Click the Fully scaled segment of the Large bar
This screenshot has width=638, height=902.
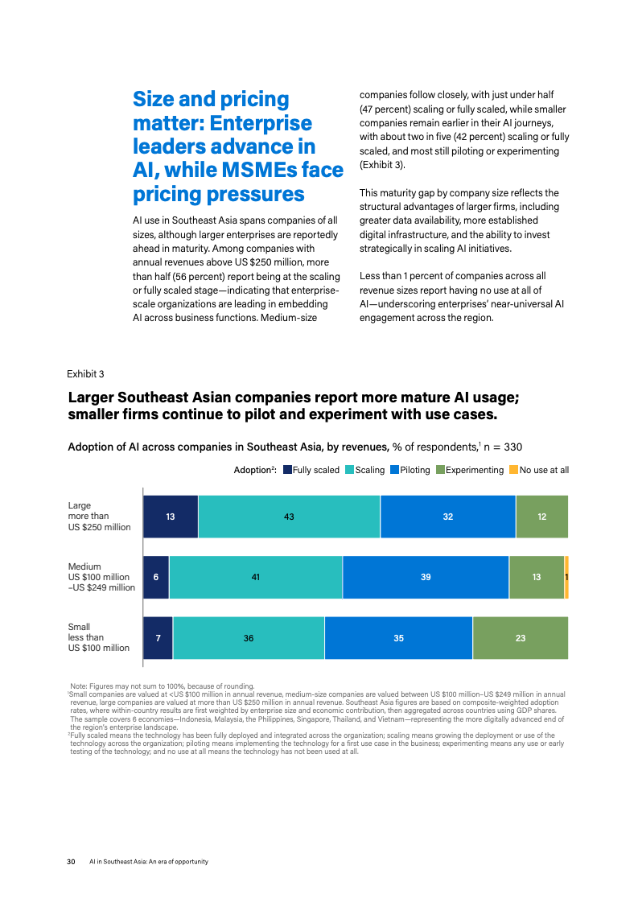[x=171, y=517]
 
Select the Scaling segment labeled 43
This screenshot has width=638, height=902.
[x=289, y=517]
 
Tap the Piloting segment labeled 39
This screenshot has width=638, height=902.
[x=426, y=577]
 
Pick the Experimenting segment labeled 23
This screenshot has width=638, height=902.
[x=521, y=638]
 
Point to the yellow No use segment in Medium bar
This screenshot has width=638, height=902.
[x=566, y=577]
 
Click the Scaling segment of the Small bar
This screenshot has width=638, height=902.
[x=249, y=638]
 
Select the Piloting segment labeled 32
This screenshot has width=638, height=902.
[x=448, y=517]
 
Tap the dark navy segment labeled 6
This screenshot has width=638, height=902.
[x=156, y=577]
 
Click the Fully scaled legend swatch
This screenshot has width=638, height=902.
[x=288, y=470]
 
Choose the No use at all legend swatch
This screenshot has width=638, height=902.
[x=514, y=470]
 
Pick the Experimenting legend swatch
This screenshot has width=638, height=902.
[x=440, y=470]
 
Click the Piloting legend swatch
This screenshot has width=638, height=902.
[x=395, y=470]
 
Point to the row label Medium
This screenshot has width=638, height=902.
[x=84, y=566]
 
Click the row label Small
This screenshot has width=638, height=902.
[x=79, y=627]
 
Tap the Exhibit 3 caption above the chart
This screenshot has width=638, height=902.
[x=85, y=374]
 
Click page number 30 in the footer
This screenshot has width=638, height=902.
[x=71, y=862]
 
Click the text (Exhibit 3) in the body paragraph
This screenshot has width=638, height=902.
[x=383, y=165]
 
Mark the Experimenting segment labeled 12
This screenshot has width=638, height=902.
[x=542, y=517]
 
